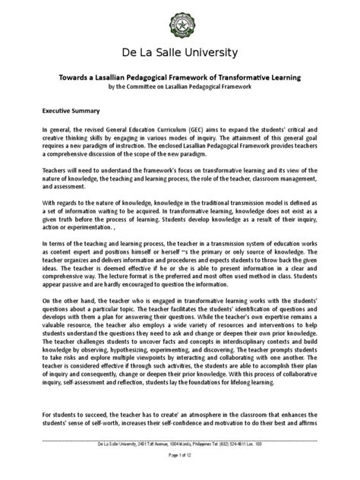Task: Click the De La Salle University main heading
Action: click(180, 52)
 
